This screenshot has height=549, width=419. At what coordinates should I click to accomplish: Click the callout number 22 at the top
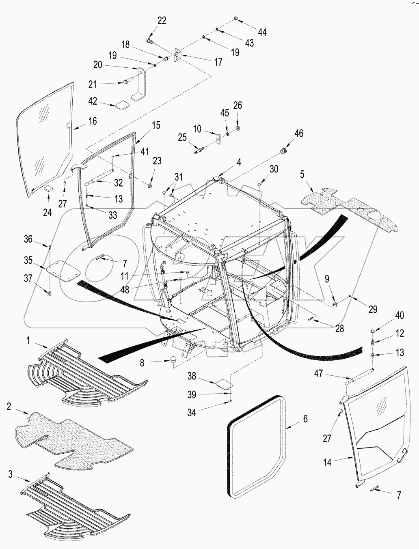pyautogui.click(x=162, y=21)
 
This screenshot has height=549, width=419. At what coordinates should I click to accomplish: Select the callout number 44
pyautogui.click(x=262, y=32)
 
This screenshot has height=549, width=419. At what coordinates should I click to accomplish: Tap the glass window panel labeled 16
pyautogui.click(x=45, y=138)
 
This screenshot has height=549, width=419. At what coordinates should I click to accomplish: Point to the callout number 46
pyautogui.click(x=298, y=133)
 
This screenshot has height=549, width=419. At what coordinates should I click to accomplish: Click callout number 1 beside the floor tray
pyautogui.click(x=28, y=340)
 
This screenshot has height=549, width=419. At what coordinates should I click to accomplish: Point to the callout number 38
pyautogui.click(x=192, y=376)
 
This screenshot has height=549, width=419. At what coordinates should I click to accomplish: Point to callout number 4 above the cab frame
pyautogui.click(x=239, y=162)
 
